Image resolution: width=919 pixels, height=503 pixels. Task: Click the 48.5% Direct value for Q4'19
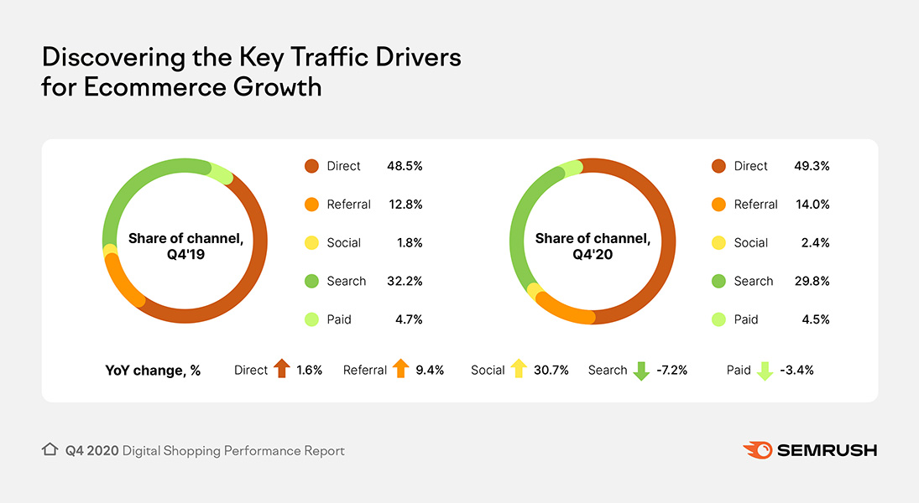click(x=405, y=166)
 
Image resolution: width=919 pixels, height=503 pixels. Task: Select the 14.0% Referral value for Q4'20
click(x=812, y=205)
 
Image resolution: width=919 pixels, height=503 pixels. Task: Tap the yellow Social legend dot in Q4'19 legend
click(x=311, y=243)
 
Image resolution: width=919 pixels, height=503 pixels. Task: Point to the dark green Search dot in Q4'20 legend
click(x=718, y=282)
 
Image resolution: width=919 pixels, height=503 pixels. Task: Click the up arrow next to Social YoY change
click(x=519, y=370)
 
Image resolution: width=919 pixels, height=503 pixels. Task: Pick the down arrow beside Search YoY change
click(x=641, y=371)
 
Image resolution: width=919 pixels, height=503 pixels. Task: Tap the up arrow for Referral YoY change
click(x=400, y=370)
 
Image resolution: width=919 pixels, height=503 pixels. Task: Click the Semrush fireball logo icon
click(x=757, y=450)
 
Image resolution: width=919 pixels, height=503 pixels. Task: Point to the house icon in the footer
click(x=50, y=450)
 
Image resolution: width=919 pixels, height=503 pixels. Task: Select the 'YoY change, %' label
click(x=154, y=371)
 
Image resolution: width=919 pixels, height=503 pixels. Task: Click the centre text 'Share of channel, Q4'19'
click(x=185, y=247)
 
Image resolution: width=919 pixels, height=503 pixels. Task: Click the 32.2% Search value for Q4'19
click(x=405, y=282)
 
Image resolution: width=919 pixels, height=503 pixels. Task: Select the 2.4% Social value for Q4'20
click(x=815, y=243)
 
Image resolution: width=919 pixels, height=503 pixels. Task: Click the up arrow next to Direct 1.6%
click(x=281, y=370)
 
